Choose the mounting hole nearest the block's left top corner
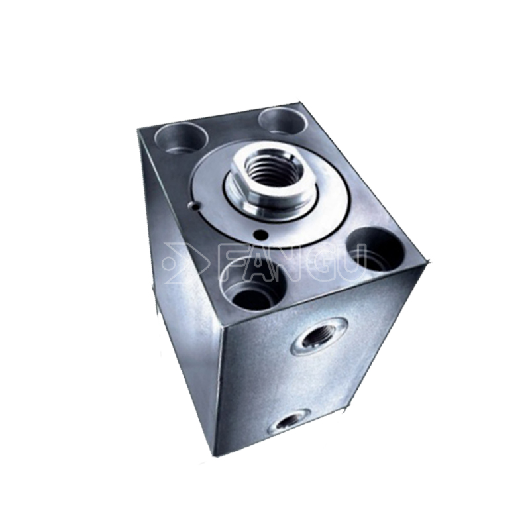coord(181,139)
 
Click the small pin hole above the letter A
coord(261,235)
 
